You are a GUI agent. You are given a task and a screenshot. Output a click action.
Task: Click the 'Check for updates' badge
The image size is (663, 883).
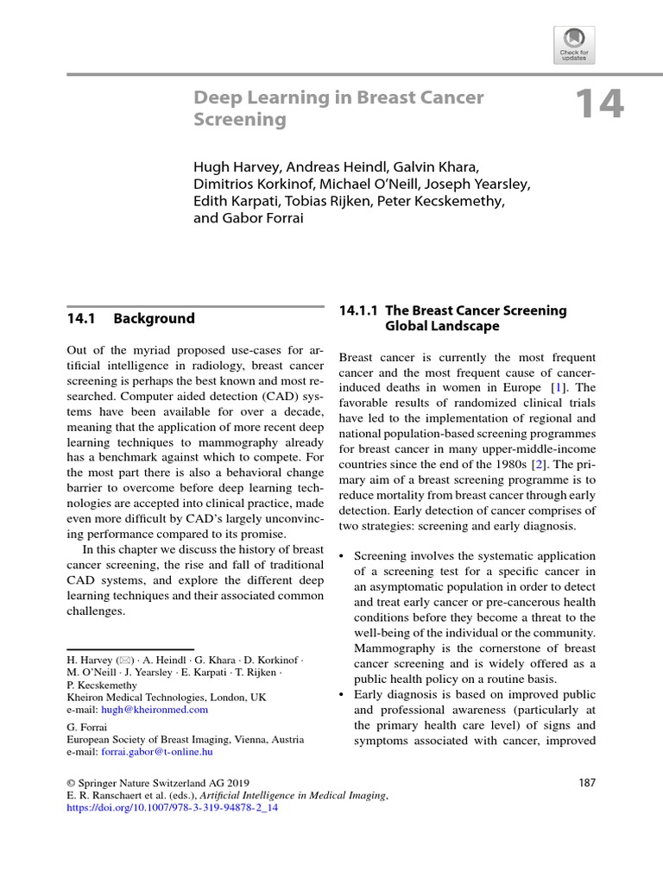click(x=573, y=45)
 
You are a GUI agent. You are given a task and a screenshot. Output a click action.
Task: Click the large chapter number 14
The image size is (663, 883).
click(x=598, y=105)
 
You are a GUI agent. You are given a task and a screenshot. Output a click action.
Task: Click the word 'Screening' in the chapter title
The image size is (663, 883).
click(x=240, y=120)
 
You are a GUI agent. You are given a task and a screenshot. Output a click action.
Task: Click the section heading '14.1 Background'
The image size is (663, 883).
click(x=130, y=318)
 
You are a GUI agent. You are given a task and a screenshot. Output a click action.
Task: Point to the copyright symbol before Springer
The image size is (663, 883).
click(x=72, y=783)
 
